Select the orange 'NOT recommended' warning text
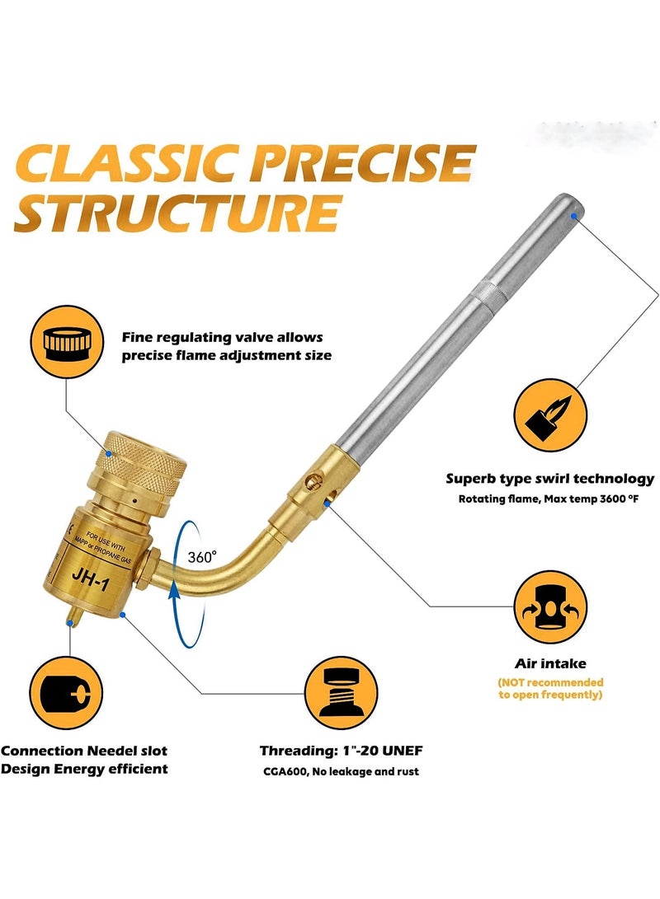(550, 688)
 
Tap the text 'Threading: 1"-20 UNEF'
(342, 751)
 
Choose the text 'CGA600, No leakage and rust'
(341, 771)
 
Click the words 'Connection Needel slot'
(84, 751)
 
